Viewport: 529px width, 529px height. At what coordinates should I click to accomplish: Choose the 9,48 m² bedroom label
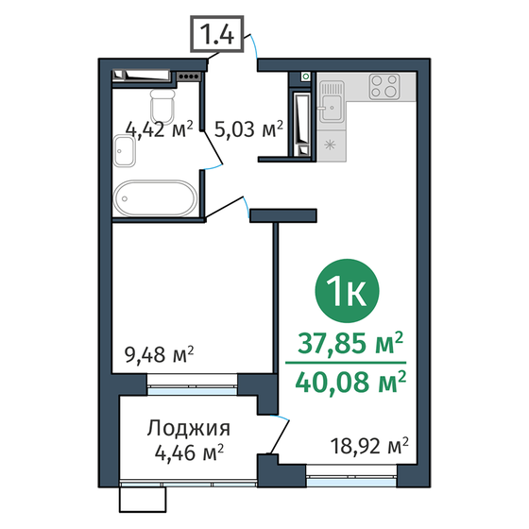coord(159,356)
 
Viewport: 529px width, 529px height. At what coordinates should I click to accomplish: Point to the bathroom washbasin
coord(125,149)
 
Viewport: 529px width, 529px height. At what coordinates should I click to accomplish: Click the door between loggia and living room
coord(278,437)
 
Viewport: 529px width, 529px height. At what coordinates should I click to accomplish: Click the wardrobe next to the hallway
coord(301,116)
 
